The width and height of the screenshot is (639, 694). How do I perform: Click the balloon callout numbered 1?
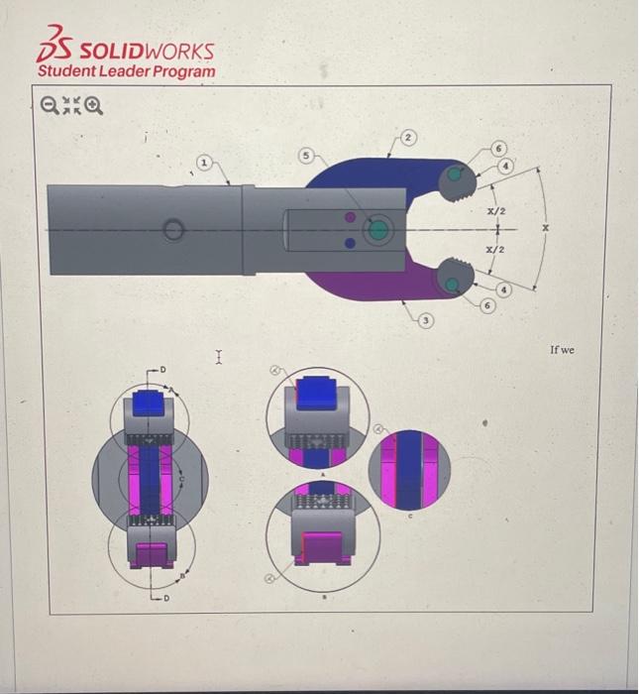204,161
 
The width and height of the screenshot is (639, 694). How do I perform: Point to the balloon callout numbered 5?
308,155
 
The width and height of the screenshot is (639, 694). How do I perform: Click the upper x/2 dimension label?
496,212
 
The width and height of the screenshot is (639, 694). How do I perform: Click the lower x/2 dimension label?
496,251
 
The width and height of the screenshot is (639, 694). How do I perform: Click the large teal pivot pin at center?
377,231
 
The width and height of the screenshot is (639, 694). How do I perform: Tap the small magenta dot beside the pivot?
349,216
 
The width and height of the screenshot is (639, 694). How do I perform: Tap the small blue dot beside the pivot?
349,242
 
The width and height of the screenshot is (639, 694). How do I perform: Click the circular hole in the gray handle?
173,231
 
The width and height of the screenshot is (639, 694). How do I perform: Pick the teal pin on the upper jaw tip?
454,174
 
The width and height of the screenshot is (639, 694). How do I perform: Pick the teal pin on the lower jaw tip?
452,285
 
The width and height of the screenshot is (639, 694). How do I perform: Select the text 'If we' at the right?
561,350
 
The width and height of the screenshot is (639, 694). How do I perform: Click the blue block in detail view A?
316,390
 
